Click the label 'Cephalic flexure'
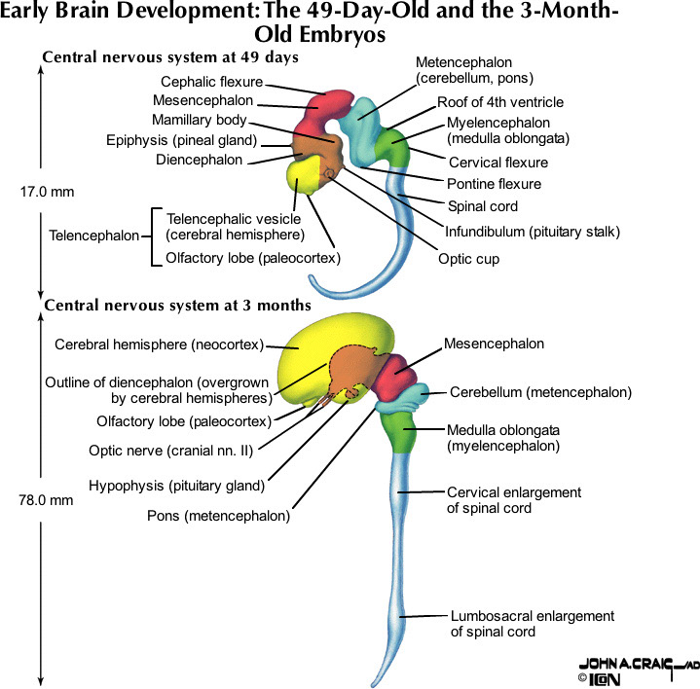pos(211,82)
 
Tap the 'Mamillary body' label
pos(199,121)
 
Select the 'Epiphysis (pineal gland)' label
pos(181,140)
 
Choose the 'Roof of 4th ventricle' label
pos(499,101)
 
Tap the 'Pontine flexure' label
pos(495,184)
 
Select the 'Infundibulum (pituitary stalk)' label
pos(532,232)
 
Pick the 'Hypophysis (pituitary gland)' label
pos(176,485)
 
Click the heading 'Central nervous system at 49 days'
pos(169,57)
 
